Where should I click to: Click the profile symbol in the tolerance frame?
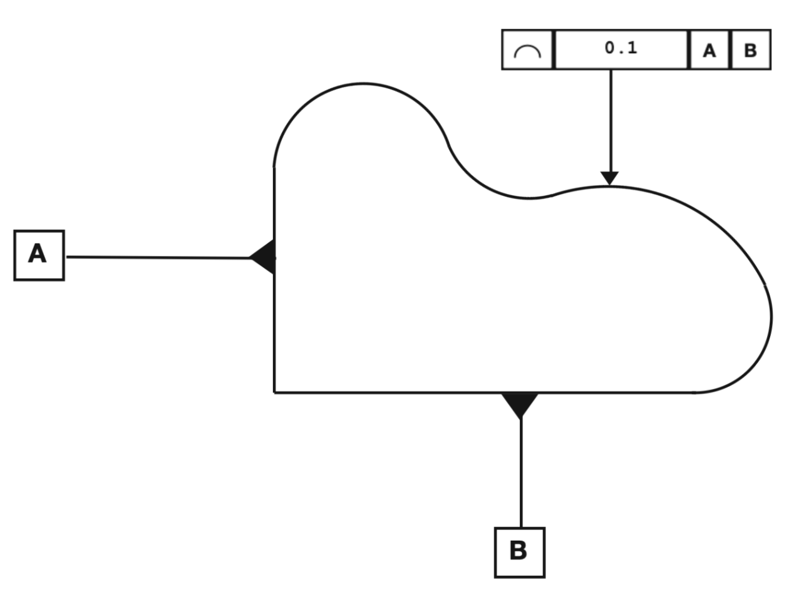[x=527, y=51]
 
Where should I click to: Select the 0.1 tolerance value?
[x=621, y=48]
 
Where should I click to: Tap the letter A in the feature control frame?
[x=709, y=51]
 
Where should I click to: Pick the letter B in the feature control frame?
[x=751, y=51]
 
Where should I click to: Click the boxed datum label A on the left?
[x=39, y=255]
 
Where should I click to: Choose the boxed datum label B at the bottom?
[x=520, y=553]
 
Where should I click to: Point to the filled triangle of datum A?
[x=262, y=257]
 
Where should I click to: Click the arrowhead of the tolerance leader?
[x=609, y=178]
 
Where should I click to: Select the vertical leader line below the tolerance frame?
[x=611, y=121]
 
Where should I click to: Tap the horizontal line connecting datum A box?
[x=158, y=258]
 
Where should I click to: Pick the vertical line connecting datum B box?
[x=521, y=473]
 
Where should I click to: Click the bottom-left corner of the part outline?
[x=274, y=392]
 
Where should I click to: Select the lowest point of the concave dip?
[x=529, y=198]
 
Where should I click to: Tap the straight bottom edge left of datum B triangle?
[x=388, y=392]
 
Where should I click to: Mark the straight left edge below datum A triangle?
[x=274, y=333]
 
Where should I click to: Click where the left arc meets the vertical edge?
[x=274, y=167]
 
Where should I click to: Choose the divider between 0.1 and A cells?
[x=689, y=49]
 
